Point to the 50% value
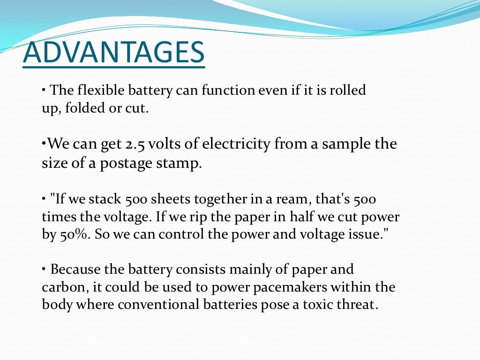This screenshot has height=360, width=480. point(75,235)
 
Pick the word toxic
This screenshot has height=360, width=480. point(323,305)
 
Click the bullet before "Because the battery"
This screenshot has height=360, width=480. point(44,269)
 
